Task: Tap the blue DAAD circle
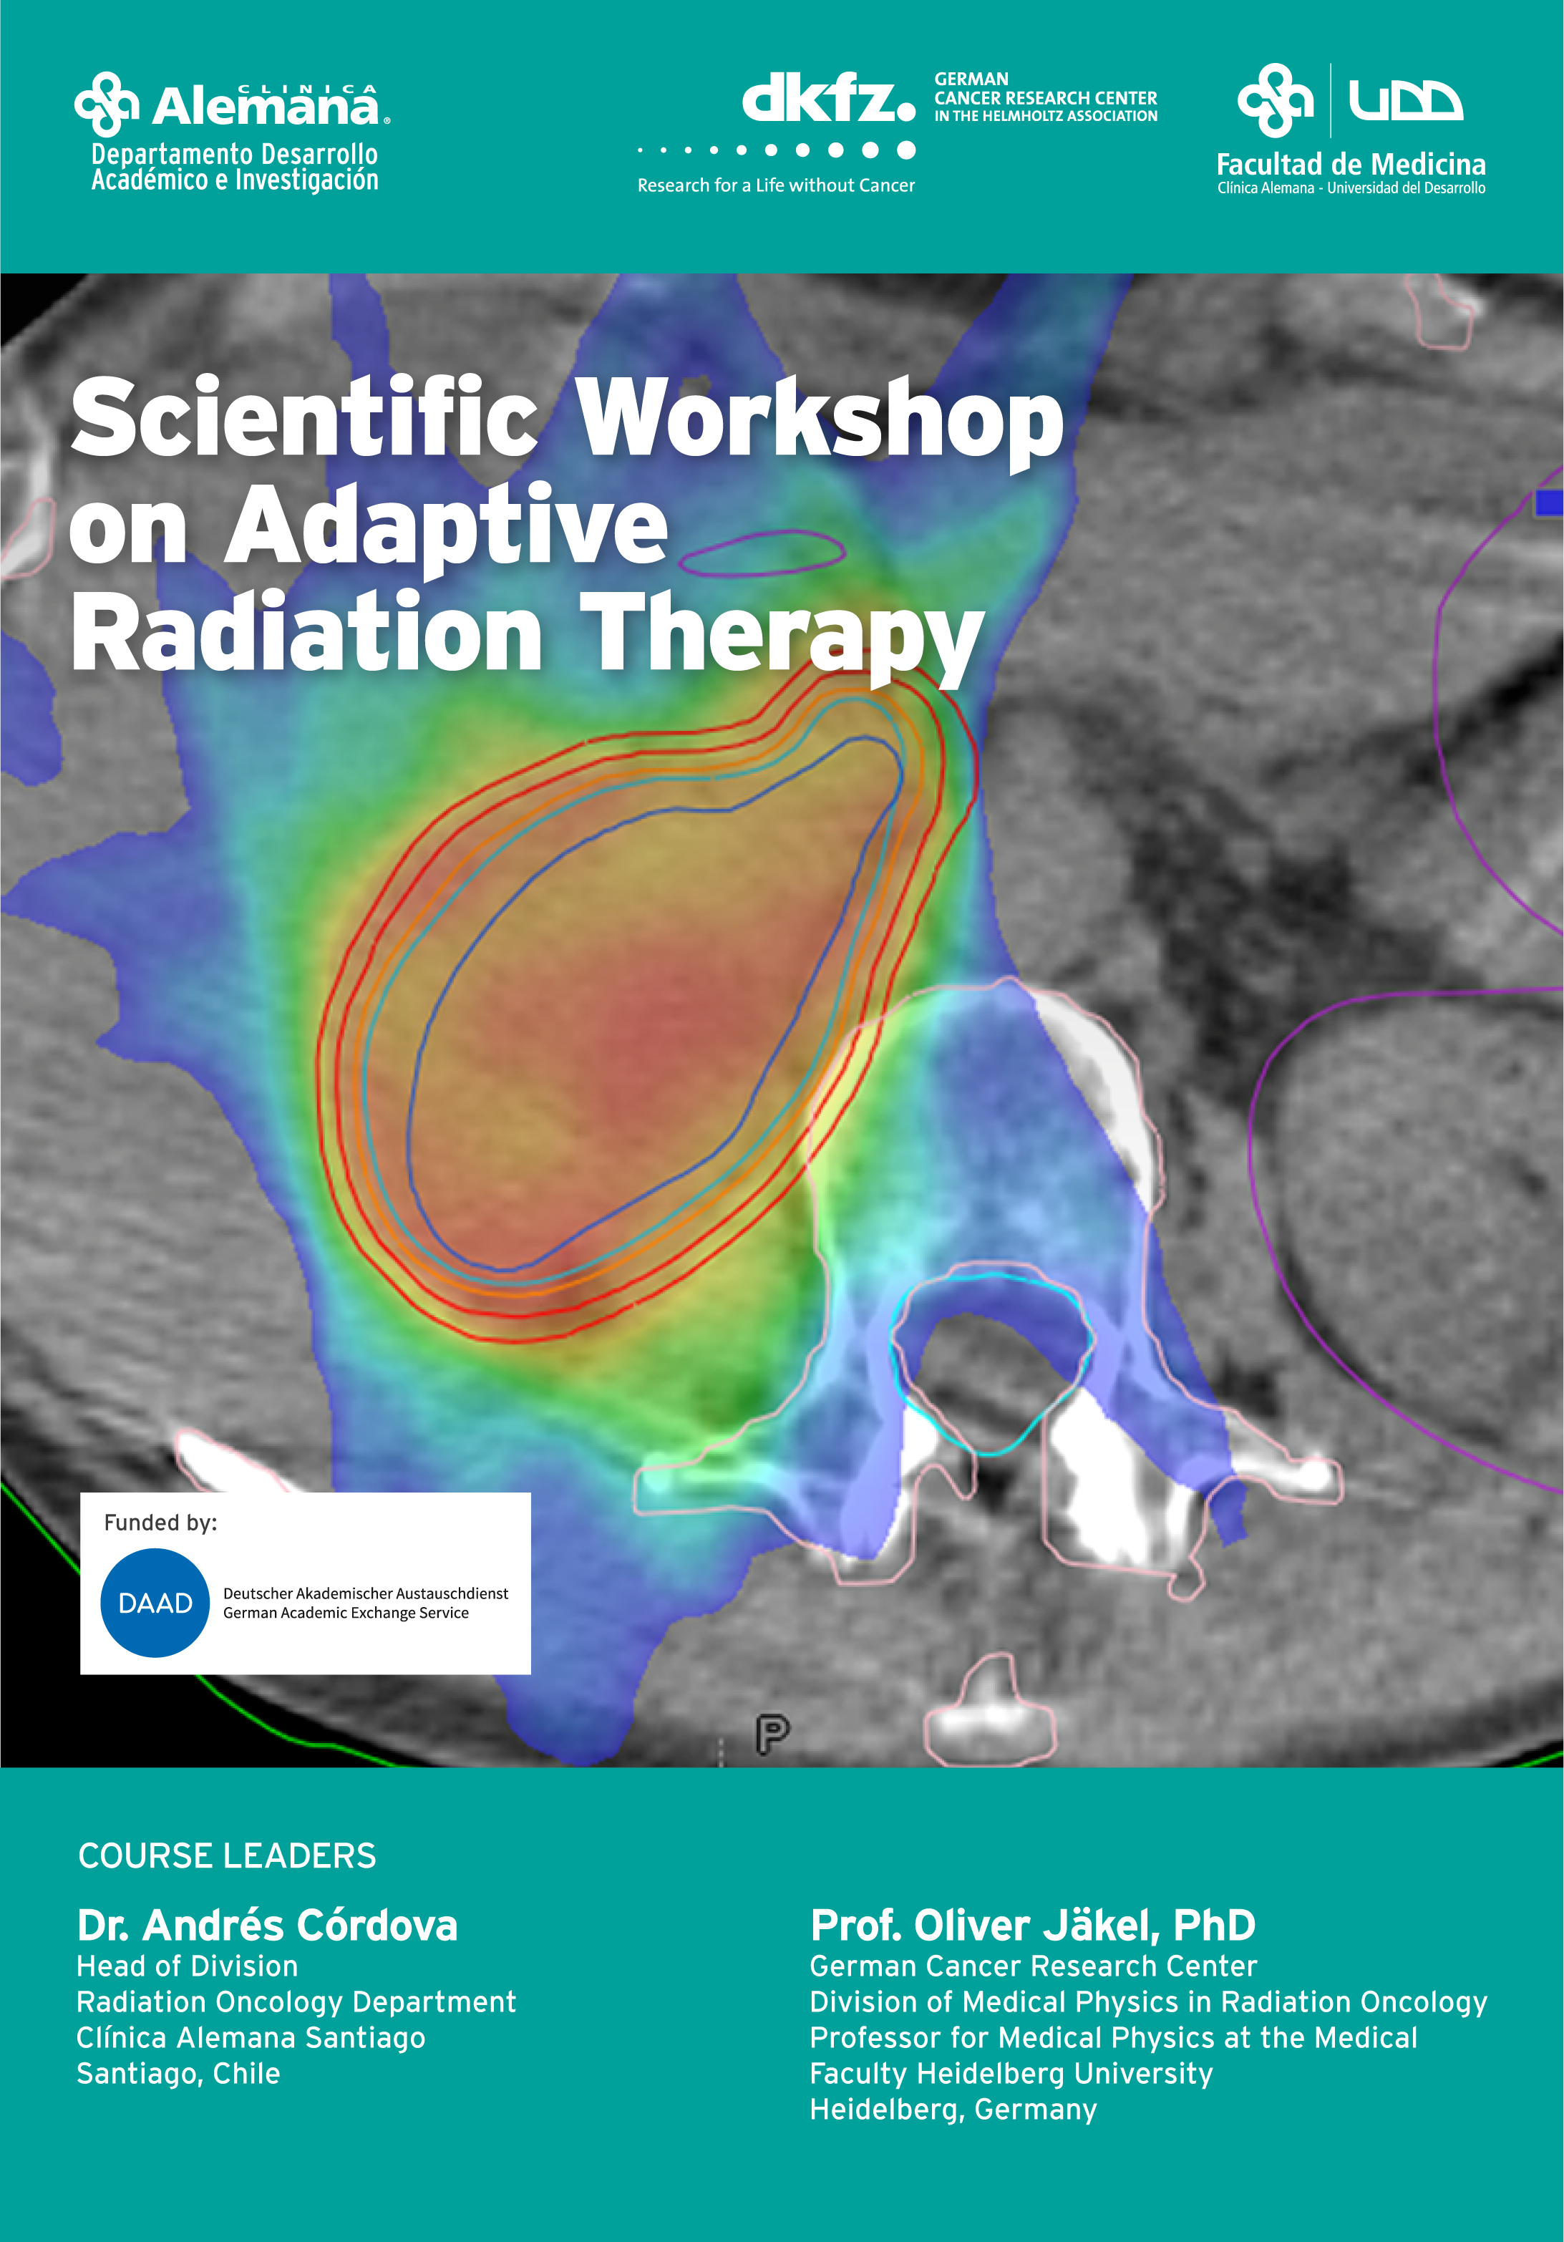(x=155, y=1603)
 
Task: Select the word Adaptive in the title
(x=446, y=528)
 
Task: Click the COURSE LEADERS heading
(x=226, y=1855)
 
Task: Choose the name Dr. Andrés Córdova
(x=266, y=1925)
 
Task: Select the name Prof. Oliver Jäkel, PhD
(x=1032, y=1925)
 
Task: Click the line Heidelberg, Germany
(x=953, y=2109)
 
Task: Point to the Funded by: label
(x=160, y=1523)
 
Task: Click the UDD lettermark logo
(x=1405, y=100)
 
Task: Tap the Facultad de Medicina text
(x=1351, y=163)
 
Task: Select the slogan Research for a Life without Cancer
(x=776, y=185)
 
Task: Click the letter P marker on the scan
(x=772, y=1733)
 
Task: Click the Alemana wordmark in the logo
(x=266, y=105)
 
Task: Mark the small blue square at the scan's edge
(x=1550, y=502)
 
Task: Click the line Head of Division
(x=188, y=1966)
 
